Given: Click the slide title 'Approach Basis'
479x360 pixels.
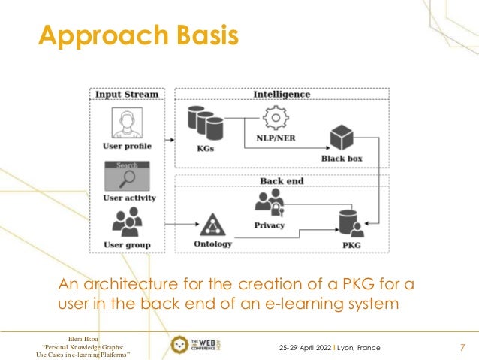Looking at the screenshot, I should tap(138, 36).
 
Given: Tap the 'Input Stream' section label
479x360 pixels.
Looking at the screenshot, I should tap(125, 95).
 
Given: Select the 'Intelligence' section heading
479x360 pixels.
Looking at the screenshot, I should tap(282, 95).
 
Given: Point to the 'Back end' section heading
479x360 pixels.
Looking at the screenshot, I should tap(282, 181).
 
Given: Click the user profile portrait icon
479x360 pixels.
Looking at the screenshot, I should tap(125, 123).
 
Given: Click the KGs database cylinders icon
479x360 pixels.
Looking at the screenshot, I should tap(204, 123).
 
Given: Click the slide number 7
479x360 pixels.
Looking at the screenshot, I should tap(462, 348).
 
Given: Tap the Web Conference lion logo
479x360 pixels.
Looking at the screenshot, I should tap(180, 346).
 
